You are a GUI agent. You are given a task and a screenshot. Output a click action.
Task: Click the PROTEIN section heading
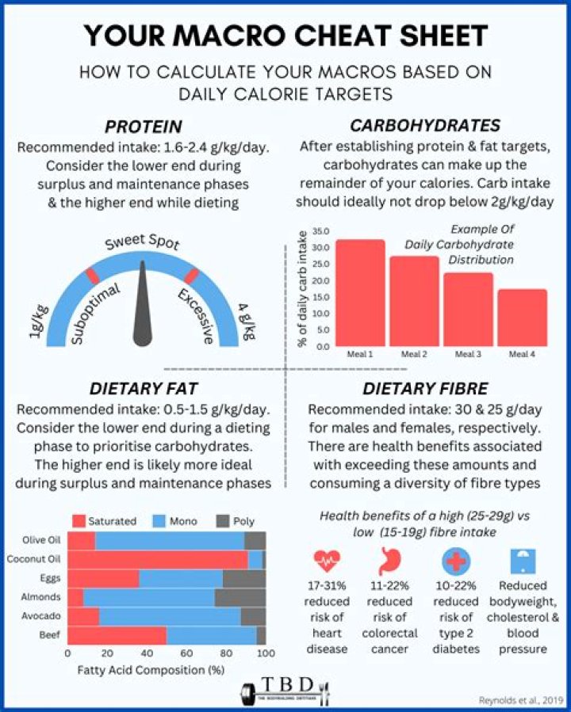143,127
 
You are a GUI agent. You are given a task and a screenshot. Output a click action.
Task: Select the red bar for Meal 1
360,292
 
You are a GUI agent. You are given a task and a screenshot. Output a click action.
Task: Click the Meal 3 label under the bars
468,354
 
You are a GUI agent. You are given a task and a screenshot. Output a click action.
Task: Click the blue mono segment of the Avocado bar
170,616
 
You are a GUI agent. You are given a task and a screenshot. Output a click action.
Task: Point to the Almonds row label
44,597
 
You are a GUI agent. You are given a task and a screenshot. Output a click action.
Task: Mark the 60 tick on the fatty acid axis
186,653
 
